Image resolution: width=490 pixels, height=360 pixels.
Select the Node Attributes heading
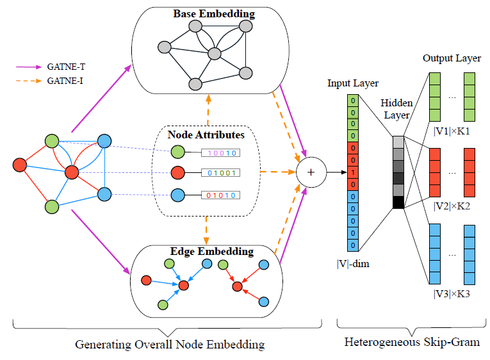coord(206,135)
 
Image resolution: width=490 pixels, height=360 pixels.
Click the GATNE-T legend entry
coord(62,66)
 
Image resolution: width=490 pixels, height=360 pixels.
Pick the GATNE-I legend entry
coord(62,81)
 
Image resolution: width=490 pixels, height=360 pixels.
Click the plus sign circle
coord(311,172)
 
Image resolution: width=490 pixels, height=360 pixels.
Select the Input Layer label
coord(353,83)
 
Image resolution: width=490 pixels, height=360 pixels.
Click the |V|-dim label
coord(353,263)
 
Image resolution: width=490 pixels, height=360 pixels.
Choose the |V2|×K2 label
coord(452,206)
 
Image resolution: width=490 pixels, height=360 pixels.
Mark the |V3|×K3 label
coord(452,294)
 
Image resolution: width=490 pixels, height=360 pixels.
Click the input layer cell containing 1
coord(353,172)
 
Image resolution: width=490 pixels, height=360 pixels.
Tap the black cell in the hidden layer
coord(398,202)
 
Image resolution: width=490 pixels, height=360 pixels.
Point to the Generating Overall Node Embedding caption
coord(169,345)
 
